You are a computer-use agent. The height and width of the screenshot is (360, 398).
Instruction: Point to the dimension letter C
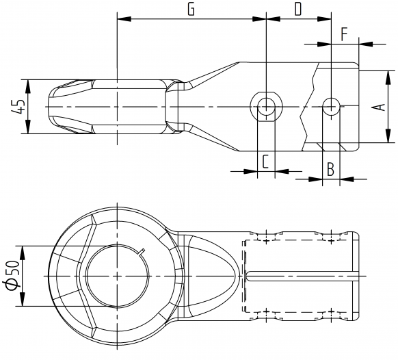[x=265, y=162]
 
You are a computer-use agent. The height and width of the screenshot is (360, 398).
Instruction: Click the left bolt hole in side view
[x=265, y=106]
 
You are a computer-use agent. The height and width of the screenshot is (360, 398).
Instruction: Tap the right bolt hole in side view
[x=330, y=106]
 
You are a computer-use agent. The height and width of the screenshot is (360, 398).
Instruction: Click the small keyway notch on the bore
[x=143, y=251]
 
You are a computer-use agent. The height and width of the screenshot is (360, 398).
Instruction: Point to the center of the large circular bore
[x=117, y=275]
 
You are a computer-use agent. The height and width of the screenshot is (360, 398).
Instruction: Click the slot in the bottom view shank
[x=301, y=276]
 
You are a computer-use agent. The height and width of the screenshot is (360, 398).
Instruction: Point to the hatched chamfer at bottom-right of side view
[x=329, y=146]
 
